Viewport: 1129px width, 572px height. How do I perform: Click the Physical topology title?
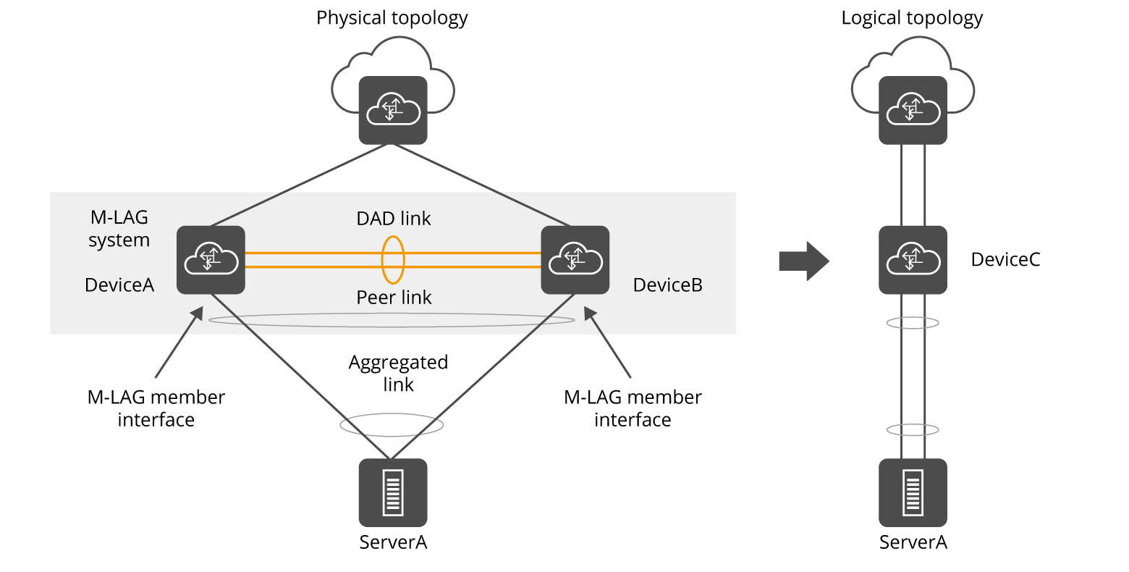click(x=392, y=18)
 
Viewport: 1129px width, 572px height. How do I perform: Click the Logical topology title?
click(x=911, y=18)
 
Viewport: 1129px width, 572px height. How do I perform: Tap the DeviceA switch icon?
click(x=211, y=260)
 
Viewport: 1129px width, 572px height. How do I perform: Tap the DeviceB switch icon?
click(x=575, y=260)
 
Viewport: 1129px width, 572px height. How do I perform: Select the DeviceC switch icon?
click(x=913, y=260)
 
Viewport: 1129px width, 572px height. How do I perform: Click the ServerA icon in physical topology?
click(x=392, y=492)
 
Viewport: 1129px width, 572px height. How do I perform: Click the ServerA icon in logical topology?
click(x=913, y=492)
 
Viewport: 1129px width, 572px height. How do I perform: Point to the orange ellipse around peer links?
click(x=393, y=259)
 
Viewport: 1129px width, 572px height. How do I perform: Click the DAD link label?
click(x=393, y=219)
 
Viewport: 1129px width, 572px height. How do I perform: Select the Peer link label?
click(x=393, y=298)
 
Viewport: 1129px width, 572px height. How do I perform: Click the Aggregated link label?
click(x=398, y=373)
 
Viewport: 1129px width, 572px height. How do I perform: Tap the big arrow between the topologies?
click(x=803, y=261)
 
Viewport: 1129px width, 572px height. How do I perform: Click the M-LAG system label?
click(x=119, y=229)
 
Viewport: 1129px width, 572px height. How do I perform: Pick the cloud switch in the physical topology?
click(x=392, y=109)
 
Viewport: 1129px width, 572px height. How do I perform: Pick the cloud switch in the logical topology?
click(x=913, y=109)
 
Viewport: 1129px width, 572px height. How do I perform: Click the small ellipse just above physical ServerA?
click(x=392, y=426)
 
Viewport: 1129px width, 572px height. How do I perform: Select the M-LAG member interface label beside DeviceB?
click(x=632, y=408)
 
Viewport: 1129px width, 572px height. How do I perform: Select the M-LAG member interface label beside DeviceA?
click(x=156, y=408)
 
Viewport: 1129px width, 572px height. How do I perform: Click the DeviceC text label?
click(x=1005, y=260)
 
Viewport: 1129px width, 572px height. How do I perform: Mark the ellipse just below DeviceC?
click(x=913, y=323)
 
